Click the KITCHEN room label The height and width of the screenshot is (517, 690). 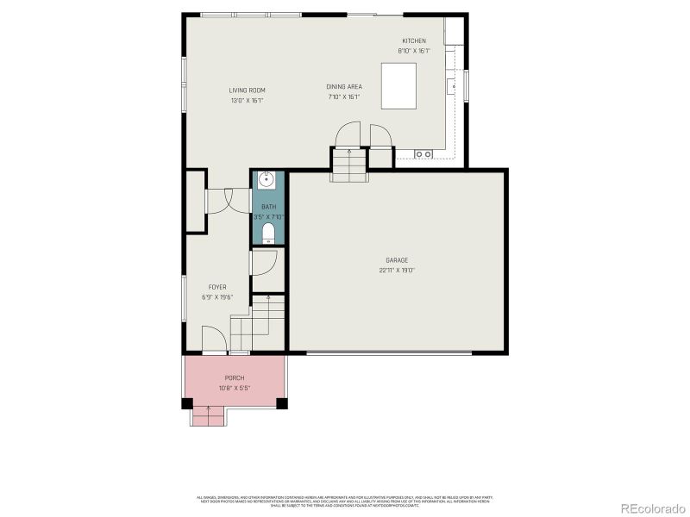click(x=413, y=40)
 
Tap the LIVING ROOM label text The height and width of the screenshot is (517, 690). click(x=247, y=90)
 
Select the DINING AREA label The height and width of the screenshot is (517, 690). click(x=343, y=86)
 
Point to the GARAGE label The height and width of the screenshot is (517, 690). click(x=397, y=260)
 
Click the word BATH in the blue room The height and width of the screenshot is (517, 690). click(x=268, y=207)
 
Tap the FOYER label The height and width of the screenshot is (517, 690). click(x=217, y=287)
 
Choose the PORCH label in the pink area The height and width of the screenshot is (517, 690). click(x=235, y=378)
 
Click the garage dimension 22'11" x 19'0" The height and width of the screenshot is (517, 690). click(x=397, y=270)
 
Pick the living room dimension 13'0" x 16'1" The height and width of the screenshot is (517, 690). click(x=247, y=101)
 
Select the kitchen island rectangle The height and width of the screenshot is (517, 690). click(x=399, y=86)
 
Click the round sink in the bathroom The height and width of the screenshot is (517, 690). click(x=267, y=181)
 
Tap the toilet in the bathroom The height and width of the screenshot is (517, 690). click(x=267, y=233)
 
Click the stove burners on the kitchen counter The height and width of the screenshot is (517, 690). click(x=423, y=153)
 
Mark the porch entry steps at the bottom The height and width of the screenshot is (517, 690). click(x=208, y=416)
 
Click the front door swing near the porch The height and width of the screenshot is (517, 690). click(x=212, y=339)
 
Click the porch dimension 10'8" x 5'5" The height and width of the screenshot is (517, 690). click(x=235, y=388)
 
